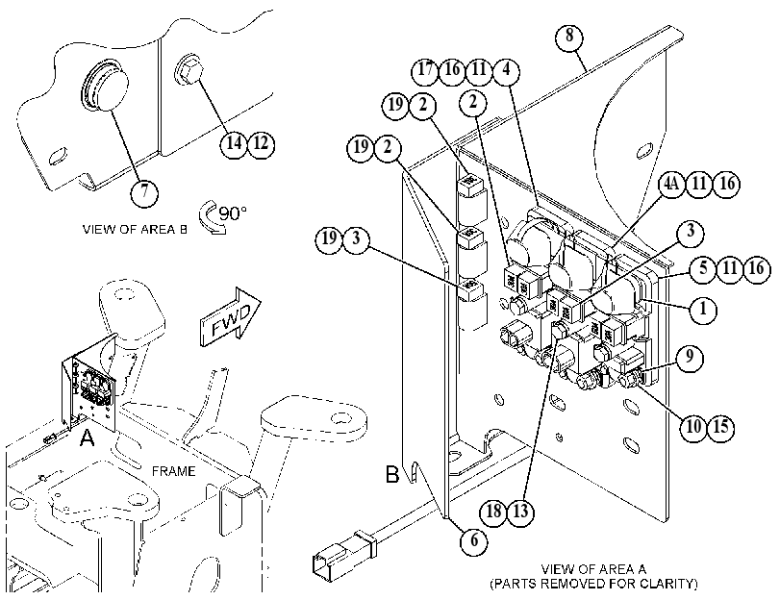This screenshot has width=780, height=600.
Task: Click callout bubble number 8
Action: tap(569, 37)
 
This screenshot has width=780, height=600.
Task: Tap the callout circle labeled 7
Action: tap(144, 191)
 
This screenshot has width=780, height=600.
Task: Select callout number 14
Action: tap(235, 144)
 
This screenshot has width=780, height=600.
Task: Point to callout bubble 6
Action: tap(474, 539)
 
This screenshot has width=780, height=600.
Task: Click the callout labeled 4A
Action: tap(671, 184)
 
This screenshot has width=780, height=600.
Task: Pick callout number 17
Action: tap(425, 70)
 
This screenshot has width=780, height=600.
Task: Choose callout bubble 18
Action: tap(493, 511)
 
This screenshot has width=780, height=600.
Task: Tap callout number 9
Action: tap(689, 358)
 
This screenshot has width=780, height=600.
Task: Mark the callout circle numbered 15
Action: tap(720, 426)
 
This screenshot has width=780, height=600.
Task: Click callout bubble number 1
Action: tap(703, 310)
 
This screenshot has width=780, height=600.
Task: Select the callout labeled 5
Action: tap(703, 268)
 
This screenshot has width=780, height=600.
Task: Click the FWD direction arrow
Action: tap(230, 316)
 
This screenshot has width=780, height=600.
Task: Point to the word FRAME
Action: tap(174, 471)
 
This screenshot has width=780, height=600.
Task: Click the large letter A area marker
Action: tap(88, 438)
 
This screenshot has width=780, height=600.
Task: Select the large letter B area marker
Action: tap(392, 474)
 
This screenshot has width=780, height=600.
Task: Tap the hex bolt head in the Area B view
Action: tap(189, 72)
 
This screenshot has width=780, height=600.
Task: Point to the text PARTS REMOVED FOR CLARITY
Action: tap(593, 584)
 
